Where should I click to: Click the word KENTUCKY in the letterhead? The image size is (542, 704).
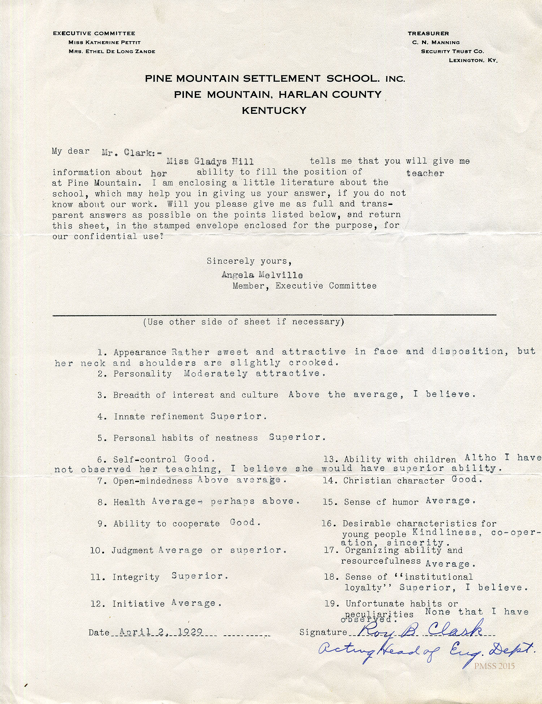274,111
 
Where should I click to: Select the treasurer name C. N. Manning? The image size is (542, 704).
436,43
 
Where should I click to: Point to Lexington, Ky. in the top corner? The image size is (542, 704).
473,60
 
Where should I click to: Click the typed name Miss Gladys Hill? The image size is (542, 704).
210,161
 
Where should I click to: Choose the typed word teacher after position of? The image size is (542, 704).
425,173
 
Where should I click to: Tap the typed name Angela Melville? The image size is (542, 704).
262,275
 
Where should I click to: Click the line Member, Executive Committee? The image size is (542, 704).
304,286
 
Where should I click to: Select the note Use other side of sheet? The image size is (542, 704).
243,322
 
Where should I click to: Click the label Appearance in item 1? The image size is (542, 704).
140,352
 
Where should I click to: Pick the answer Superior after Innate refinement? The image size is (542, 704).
238,416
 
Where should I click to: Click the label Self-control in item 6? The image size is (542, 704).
145,459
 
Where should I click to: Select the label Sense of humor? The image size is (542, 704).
381,502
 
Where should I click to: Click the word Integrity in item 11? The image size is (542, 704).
136,577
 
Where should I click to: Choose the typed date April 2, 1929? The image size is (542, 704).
155,632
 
